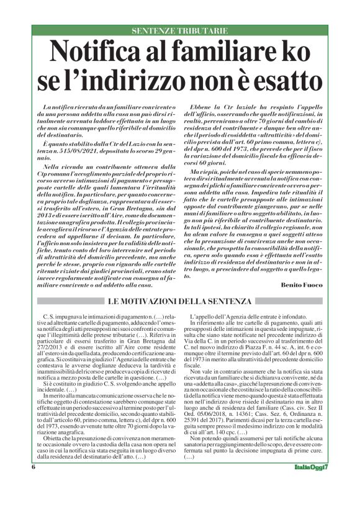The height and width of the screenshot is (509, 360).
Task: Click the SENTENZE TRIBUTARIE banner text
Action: point(179,30)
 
